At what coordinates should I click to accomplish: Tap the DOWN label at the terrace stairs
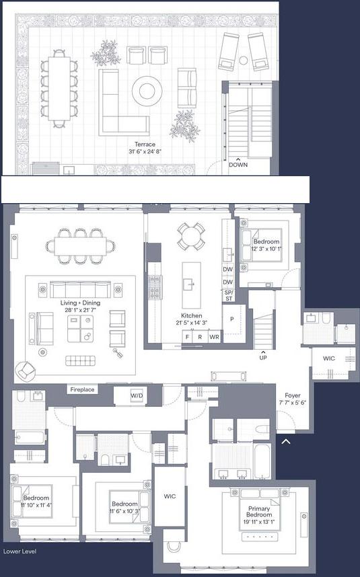(x=238, y=164)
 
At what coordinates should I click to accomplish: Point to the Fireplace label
(x=82, y=389)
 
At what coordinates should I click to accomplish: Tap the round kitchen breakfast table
(x=191, y=236)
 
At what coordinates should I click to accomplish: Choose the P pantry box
(x=232, y=319)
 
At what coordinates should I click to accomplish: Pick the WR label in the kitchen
(x=214, y=336)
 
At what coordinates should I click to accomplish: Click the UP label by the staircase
(x=262, y=358)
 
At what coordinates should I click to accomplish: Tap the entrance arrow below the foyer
(x=285, y=442)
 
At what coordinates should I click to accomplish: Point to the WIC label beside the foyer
(x=328, y=358)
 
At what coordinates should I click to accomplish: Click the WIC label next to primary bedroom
(x=170, y=496)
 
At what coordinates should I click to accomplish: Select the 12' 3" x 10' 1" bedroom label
(x=265, y=245)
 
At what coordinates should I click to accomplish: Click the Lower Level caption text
(x=20, y=551)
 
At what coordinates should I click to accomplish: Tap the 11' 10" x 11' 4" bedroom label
(x=36, y=502)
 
